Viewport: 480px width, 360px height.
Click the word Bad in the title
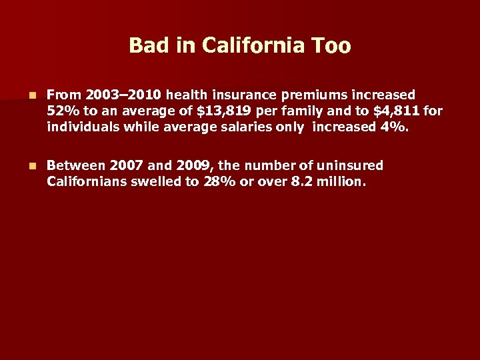click(x=145, y=45)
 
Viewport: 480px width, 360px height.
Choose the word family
click(x=301, y=111)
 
